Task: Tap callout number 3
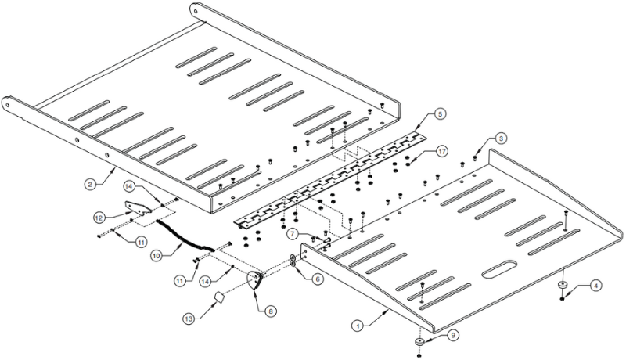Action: click(x=499, y=139)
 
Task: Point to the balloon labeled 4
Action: click(x=595, y=286)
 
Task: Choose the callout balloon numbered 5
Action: click(x=441, y=114)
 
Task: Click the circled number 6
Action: click(x=317, y=278)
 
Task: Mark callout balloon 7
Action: click(x=290, y=234)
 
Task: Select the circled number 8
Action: click(x=270, y=311)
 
